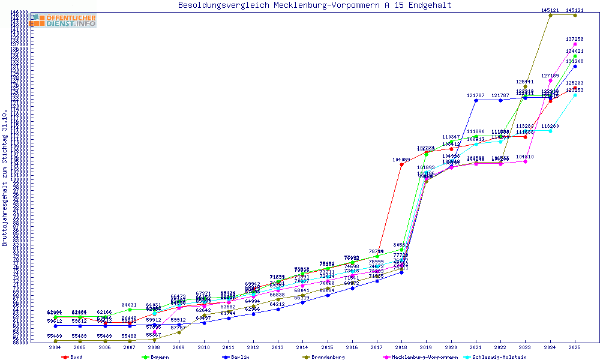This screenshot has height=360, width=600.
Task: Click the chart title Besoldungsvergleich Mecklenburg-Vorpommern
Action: click(x=314, y=5)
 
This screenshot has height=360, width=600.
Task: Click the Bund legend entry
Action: click(x=72, y=357)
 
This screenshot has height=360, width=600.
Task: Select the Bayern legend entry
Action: click(x=155, y=357)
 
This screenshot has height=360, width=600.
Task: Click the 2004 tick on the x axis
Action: click(x=55, y=347)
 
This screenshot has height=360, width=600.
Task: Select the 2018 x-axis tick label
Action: click(x=402, y=347)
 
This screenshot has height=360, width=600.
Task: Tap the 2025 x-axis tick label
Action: click(x=575, y=347)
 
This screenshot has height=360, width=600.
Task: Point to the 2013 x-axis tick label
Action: click(x=278, y=347)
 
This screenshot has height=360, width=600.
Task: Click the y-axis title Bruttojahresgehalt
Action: click(x=5, y=178)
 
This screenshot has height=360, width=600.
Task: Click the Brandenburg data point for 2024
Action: click(x=550, y=15)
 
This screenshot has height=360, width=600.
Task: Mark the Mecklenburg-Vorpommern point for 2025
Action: click(x=575, y=44)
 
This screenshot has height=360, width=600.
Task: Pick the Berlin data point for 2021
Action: click(x=476, y=100)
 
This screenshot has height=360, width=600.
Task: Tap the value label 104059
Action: click(x=402, y=160)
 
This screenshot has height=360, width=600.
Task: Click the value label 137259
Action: click(x=575, y=38)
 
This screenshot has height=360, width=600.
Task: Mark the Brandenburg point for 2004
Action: click(x=55, y=341)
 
